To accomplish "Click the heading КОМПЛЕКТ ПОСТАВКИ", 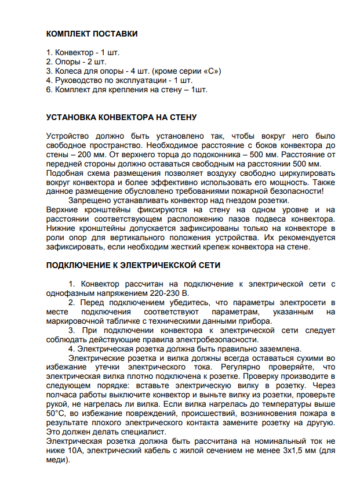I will tap(92, 34).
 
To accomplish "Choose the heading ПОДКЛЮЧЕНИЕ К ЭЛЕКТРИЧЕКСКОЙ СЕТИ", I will tap(133, 265).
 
